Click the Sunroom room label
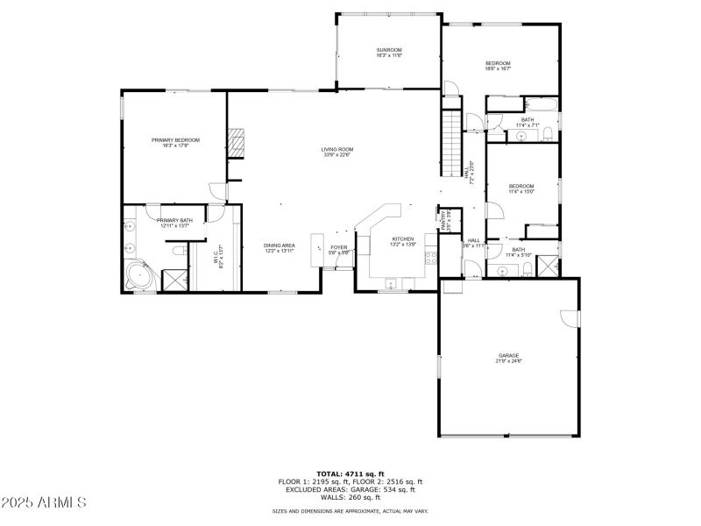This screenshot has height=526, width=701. [x=389, y=52]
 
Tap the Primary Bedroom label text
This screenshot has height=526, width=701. [x=175, y=142]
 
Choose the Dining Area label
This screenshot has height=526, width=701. [x=280, y=248]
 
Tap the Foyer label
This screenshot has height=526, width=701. [x=339, y=250]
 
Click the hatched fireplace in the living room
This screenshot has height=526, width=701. [x=236, y=143]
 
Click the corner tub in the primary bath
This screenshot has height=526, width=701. [x=138, y=276]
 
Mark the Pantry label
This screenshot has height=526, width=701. [x=445, y=219]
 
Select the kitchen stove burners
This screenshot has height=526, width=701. [x=430, y=257]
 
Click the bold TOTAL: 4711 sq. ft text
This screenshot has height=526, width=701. [x=350, y=473]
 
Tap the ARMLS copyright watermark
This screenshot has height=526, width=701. [x=44, y=503]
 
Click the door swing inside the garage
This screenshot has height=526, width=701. [x=570, y=316]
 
